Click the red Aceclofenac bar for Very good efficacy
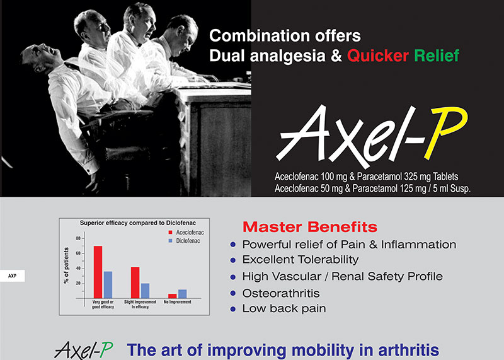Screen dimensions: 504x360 98,272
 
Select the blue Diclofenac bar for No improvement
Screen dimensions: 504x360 182,294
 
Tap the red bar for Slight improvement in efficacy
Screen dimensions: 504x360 135,282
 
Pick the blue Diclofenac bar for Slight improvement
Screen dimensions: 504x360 146,291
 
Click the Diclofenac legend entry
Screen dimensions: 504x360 184,241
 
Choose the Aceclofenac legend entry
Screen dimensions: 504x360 186,232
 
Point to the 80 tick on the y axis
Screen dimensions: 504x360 78,238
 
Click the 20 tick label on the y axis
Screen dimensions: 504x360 78,284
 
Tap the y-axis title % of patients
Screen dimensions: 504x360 66,265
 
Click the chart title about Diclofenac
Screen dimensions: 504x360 138,223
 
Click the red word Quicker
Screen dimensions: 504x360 377,55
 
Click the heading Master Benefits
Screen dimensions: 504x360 310,227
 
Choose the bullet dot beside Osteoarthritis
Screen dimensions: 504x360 233,293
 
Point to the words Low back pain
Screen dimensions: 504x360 284,308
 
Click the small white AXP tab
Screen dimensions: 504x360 12,276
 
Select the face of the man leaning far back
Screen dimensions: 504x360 42,57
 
